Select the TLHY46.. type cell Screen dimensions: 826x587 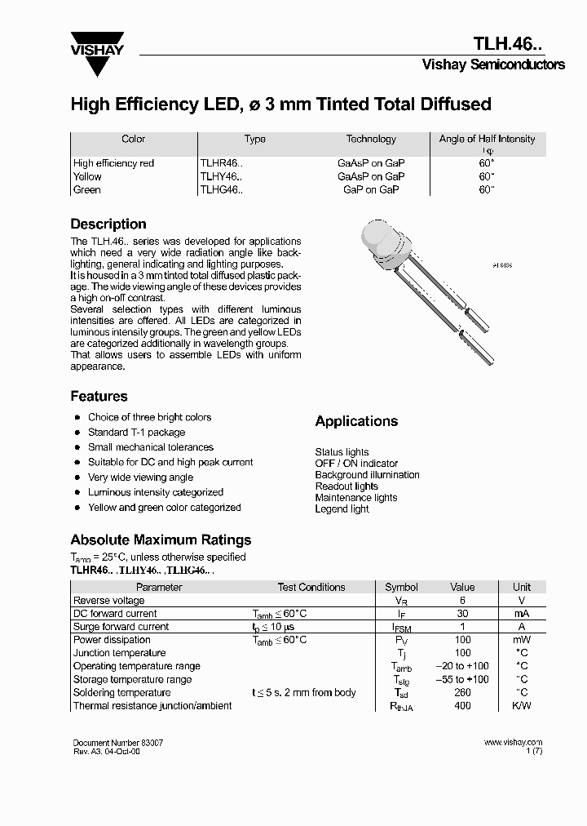pyautogui.click(x=222, y=176)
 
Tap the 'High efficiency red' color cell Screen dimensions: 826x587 pyautogui.click(x=113, y=163)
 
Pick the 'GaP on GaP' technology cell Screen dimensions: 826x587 pyautogui.click(x=371, y=189)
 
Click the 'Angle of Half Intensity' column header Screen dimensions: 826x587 pyautogui.click(x=487, y=140)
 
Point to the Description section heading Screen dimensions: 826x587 pyautogui.click(x=108, y=224)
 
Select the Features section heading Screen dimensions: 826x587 pyautogui.click(x=99, y=396)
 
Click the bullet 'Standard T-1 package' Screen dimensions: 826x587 pyautogui.click(x=136, y=433)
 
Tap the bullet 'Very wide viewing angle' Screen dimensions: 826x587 pyautogui.click(x=140, y=477)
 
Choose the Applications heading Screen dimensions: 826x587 pyautogui.click(x=356, y=421)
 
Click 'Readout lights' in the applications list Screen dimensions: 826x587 pyautogui.click(x=346, y=486)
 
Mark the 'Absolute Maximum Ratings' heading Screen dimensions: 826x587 pyautogui.click(x=161, y=540)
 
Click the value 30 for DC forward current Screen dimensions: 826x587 pyautogui.click(x=462, y=614)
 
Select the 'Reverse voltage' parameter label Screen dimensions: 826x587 pyautogui.click(x=108, y=601)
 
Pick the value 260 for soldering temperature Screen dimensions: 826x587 pyautogui.click(x=462, y=693)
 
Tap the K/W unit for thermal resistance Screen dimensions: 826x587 pyautogui.click(x=521, y=706)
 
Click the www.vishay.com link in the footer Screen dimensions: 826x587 pyautogui.click(x=513, y=743)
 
